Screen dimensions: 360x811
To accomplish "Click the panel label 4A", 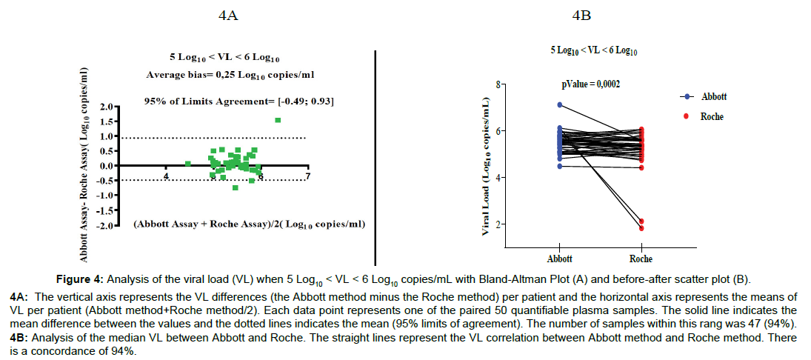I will coord(228,14).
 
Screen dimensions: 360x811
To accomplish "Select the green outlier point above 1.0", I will coord(278,120).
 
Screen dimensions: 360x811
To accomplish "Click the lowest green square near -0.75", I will coord(235,187).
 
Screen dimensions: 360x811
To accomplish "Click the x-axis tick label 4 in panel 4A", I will coord(166,176).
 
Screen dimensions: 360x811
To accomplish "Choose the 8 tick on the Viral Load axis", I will coord(498,84).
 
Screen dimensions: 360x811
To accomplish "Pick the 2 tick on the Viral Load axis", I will coord(498,224).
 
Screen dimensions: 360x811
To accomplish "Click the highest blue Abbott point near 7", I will coord(560,105).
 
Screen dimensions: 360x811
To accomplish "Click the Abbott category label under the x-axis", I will coord(560,259).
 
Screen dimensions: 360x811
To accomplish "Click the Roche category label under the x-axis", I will coord(641,259).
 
